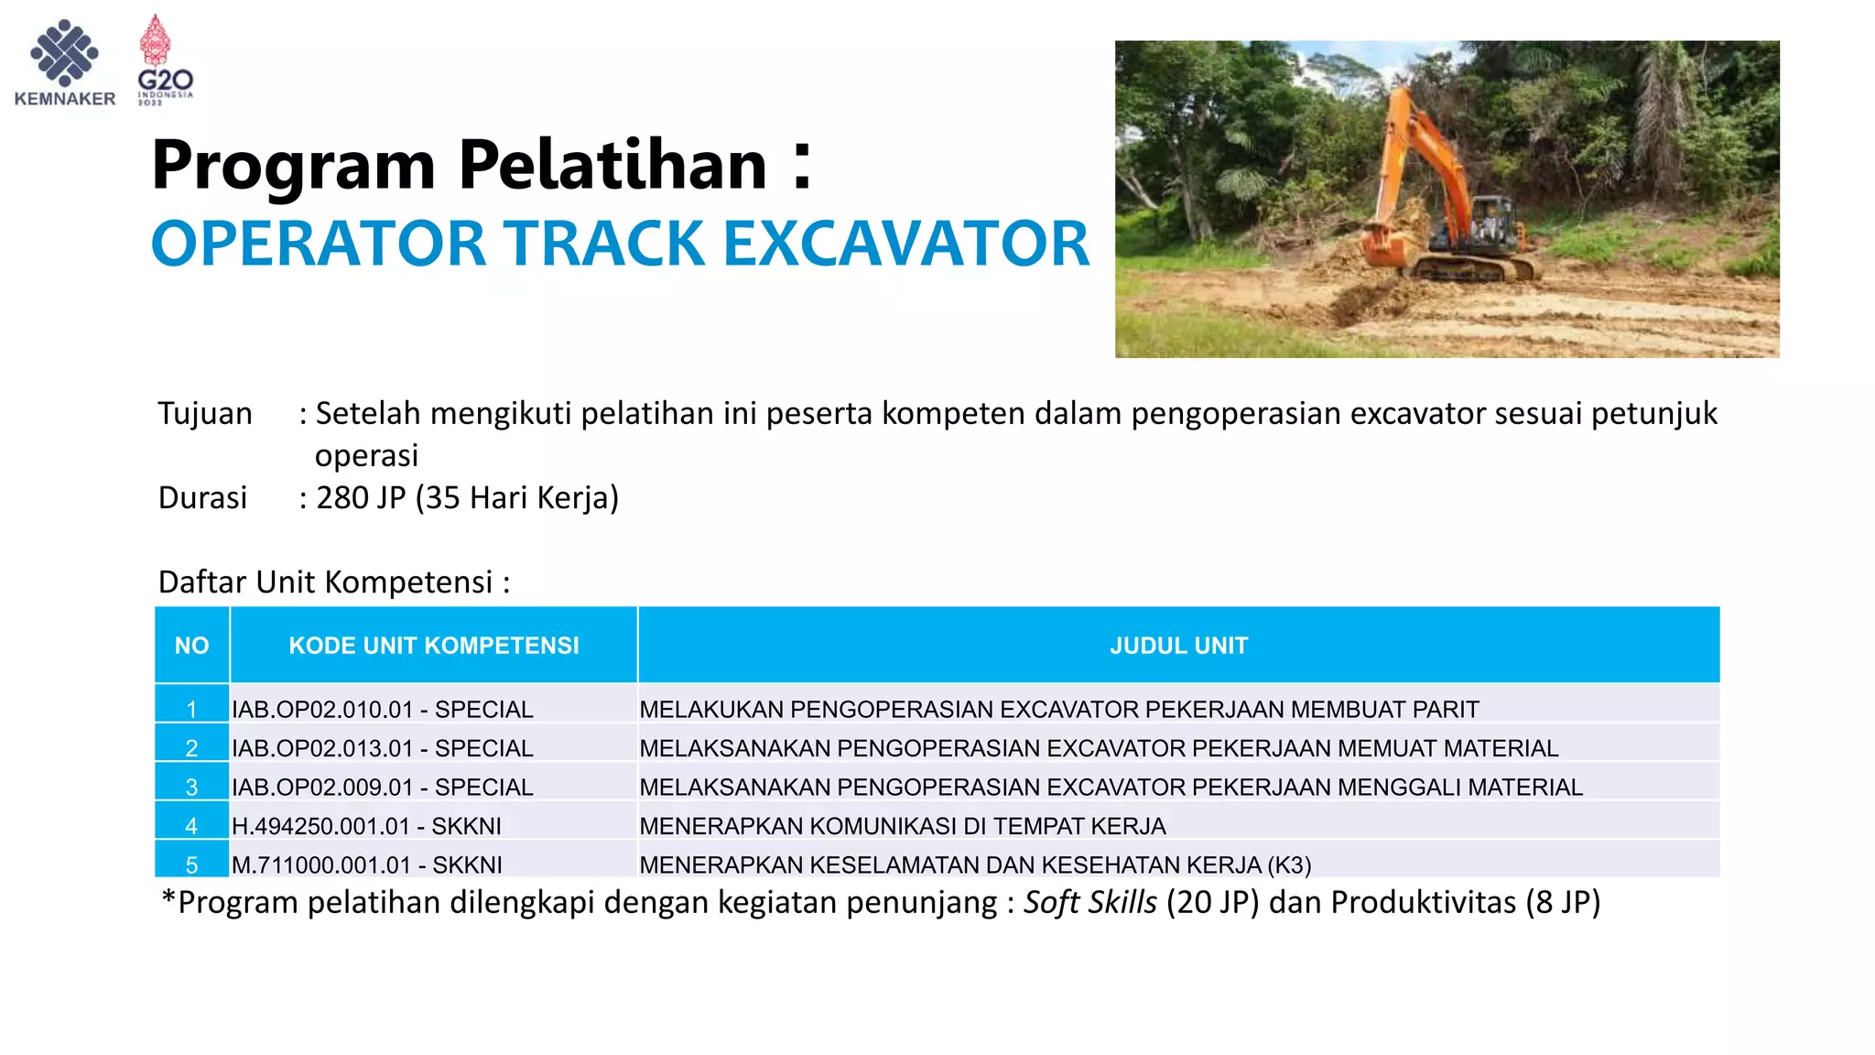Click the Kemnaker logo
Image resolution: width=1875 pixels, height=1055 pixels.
tap(64, 62)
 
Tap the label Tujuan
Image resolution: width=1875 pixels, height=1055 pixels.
tap(205, 414)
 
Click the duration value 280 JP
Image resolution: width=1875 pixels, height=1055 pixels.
tap(361, 498)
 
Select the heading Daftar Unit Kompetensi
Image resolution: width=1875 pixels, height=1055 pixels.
tap(333, 582)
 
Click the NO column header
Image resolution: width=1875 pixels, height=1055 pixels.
tap(191, 646)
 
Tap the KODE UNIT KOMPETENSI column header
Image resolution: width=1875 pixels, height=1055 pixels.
tap(434, 646)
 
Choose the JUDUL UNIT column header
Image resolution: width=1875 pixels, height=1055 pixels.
tap(1178, 646)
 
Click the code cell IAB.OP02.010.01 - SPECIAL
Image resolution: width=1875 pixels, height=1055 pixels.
tap(382, 710)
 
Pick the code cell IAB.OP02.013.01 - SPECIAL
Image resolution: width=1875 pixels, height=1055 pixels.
tap(382, 748)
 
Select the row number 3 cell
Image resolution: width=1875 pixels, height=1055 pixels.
tap(191, 788)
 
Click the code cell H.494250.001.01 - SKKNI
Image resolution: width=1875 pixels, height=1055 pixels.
tap(366, 826)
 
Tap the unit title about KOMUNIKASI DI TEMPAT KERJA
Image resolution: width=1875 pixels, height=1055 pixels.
tap(902, 826)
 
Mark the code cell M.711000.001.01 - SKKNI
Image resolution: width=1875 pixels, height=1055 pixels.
tap(366, 865)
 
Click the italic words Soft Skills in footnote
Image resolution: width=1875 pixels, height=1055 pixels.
tap(1089, 903)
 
